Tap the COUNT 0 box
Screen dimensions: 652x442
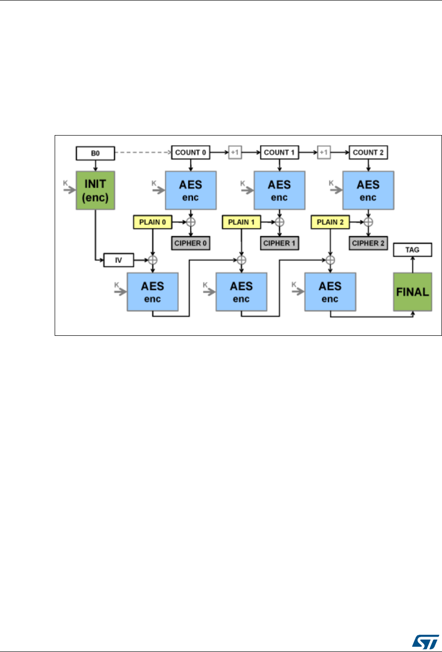pyautogui.click(x=191, y=153)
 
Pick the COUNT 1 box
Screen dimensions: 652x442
pyautogui.click(x=279, y=153)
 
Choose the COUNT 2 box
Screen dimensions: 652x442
pyautogui.click(x=368, y=153)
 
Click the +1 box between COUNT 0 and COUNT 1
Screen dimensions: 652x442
pyautogui.click(x=235, y=153)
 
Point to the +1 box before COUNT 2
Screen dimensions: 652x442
pyautogui.click(x=324, y=153)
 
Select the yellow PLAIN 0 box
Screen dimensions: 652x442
pyautogui.click(x=153, y=222)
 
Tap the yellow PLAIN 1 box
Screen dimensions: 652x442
pyautogui.click(x=242, y=222)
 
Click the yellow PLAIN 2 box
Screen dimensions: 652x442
pyautogui.click(x=330, y=222)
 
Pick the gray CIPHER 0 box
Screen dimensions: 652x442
pyautogui.click(x=191, y=243)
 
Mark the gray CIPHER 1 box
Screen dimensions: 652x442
pyautogui.click(x=280, y=243)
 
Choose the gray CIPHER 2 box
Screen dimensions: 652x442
pyautogui.click(x=368, y=243)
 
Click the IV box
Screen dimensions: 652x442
pyautogui.click(x=117, y=261)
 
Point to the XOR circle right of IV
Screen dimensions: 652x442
pyautogui.click(x=153, y=261)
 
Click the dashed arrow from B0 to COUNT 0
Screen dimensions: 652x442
pyautogui.click(x=143, y=153)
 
